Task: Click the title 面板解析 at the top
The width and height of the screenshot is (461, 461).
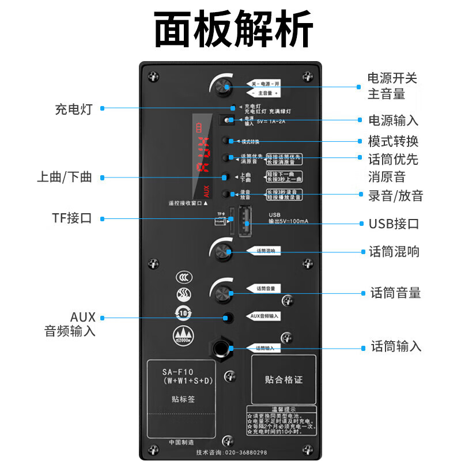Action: pyautogui.click(x=233, y=29)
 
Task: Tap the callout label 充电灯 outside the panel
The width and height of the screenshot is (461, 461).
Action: pyautogui.click(x=73, y=109)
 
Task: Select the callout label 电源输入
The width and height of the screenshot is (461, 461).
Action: pyautogui.click(x=393, y=120)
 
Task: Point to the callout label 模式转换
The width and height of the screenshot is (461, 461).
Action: pyautogui.click(x=393, y=141)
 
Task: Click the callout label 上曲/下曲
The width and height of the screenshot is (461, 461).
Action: pyautogui.click(x=64, y=177)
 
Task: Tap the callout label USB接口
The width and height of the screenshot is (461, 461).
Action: pyautogui.click(x=394, y=224)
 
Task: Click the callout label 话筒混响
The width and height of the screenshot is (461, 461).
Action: pyautogui.click(x=394, y=251)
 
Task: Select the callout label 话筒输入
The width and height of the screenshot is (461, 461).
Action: pyautogui.click(x=396, y=346)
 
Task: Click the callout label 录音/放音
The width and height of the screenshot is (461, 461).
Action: pyautogui.click(x=395, y=195)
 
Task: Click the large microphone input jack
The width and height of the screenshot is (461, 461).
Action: pyautogui.click(x=222, y=348)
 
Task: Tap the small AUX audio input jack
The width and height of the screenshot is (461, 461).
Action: pyautogui.click(x=229, y=317)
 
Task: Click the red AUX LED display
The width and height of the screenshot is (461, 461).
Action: pyautogui.click(x=202, y=156)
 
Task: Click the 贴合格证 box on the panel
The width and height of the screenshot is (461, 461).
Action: pyautogui.click(x=284, y=380)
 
